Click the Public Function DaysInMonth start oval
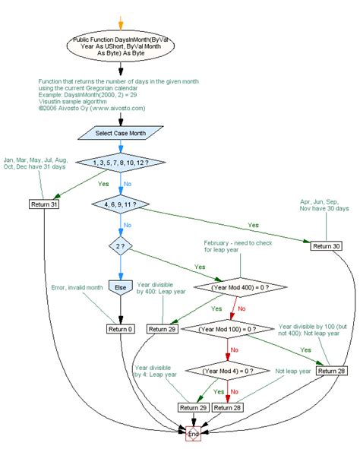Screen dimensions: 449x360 (x=121, y=48)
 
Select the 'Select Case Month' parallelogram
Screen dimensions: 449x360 (x=121, y=132)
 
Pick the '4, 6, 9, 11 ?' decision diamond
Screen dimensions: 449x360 (x=121, y=204)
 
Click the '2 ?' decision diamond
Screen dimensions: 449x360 (x=121, y=247)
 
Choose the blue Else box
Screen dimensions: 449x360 (x=121, y=288)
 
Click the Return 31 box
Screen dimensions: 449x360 (x=43, y=204)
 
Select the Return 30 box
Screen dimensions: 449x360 (x=325, y=245)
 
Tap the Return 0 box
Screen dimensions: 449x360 (x=121, y=329)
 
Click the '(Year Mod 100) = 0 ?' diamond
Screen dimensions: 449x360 (x=229, y=329)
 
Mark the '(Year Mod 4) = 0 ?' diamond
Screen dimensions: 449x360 (x=229, y=371)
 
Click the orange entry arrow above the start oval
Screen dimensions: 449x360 (x=121, y=21)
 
